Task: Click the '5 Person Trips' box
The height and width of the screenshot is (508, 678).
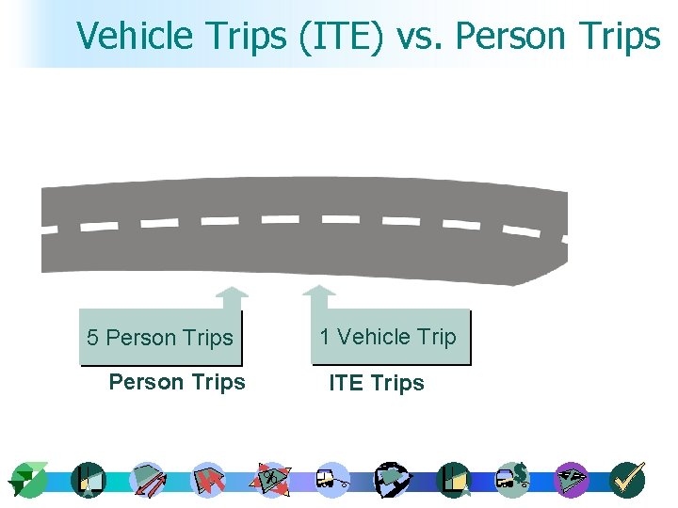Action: [160, 338]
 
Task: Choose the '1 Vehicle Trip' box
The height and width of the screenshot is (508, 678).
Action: [389, 337]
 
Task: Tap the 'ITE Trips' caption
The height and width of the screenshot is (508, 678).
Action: [376, 383]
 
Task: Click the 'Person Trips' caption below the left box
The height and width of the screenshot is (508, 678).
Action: [177, 382]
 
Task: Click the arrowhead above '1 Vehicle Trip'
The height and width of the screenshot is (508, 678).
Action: [319, 294]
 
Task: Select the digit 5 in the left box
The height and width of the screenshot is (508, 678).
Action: [92, 338]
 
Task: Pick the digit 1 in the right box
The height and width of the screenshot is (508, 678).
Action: [325, 337]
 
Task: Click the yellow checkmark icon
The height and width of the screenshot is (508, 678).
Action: [627, 479]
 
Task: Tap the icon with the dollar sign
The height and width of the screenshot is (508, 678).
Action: [513, 479]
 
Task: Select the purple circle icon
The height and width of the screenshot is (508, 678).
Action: [571, 479]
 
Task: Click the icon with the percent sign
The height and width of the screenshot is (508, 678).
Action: [271, 479]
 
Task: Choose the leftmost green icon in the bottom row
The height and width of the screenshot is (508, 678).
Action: [27, 480]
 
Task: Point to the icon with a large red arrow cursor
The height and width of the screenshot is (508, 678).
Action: [208, 480]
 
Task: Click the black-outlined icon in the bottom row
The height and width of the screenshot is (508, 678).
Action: [390, 479]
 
